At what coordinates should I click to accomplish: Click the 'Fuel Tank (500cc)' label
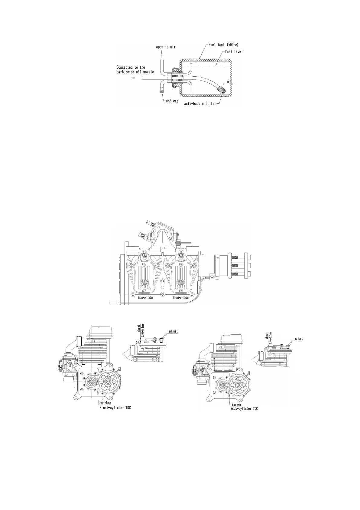[224, 45]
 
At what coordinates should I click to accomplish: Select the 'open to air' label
[166, 47]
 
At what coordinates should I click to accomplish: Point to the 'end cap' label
[172, 101]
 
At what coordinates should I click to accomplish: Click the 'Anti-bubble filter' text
[200, 103]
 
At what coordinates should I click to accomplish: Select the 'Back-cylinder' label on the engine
[144, 298]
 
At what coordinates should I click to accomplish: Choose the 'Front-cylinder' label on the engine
[181, 298]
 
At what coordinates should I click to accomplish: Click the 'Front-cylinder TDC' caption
[115, 408]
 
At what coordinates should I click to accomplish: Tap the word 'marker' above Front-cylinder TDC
[105, 403]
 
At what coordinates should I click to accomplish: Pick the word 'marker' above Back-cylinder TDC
[236, 404]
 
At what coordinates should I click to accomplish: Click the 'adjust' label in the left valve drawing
[173, 331]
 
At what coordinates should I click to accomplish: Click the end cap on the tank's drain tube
[162, 89]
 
